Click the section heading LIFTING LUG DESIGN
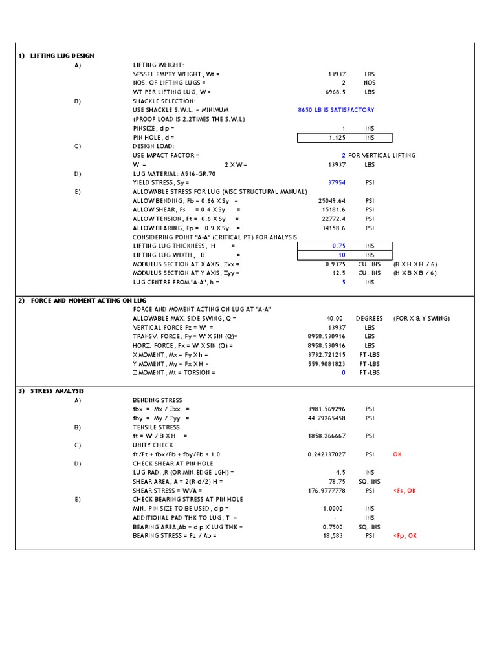point(62,56)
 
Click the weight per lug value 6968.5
point(333,92)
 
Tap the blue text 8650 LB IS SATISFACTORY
point(336,110)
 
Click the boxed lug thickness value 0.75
point(338,246)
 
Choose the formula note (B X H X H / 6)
point(415,264)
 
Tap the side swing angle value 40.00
point(335,319)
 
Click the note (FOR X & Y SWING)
point(421,319)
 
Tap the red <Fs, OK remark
point(404,491)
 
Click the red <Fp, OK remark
point(404,536)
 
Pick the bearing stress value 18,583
point(335,536)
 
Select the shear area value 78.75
point(336,482)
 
